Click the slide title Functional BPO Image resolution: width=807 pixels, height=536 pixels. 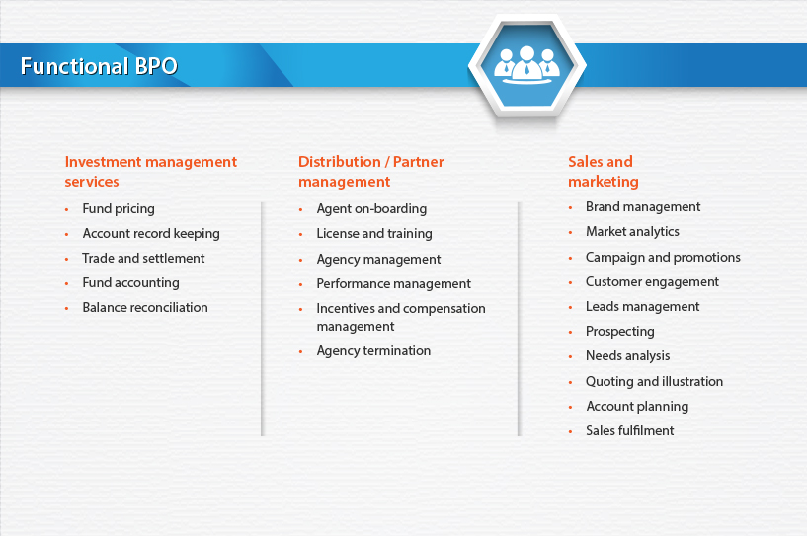[99, 66]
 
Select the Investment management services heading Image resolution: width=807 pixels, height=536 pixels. [151, 172]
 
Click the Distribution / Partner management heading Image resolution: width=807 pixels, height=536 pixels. [371, 172]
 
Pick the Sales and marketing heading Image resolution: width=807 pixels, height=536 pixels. [604, 172]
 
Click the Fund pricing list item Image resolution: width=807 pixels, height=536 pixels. [119, 209]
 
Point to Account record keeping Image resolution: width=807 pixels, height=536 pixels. [151, 234]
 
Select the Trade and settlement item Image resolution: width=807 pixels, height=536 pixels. [143, 258]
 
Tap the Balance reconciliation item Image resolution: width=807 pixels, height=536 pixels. [145, 307]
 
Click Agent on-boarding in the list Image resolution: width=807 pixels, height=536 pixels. [371, 209]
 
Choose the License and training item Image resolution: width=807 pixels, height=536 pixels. [374, 234]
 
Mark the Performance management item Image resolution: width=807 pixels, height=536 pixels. [394, 284]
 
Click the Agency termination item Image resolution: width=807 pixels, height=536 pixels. [373, 350]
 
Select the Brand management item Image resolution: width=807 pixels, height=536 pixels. [643, 206]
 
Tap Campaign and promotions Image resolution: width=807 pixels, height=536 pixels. [663, 258]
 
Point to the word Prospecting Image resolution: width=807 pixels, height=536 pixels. [620, 332]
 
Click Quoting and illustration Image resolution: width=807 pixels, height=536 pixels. [654, 382]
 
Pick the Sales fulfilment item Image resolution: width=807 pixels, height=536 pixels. [630, 430]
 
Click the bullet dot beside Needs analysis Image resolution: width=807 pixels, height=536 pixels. [570, 356]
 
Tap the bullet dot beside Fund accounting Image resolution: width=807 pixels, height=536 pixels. [66, 283]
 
